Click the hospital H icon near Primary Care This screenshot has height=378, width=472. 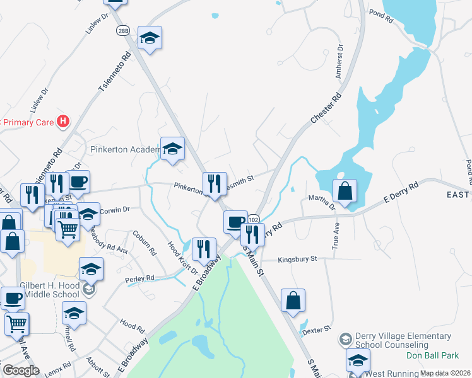(x=63, y=121)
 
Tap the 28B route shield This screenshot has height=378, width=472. (x=122, y=30)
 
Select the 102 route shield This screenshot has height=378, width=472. (x=254, y=219)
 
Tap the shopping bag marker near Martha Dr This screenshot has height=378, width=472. (x=345, y=191)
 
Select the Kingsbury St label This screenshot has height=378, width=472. (x=297, y=258)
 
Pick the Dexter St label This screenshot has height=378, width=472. (x=316, y=329)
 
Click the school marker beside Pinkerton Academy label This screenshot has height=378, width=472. (x=172, y=149)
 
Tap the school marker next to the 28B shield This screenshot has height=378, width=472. (x=150, y=38)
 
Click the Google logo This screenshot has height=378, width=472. (x=21, y=370)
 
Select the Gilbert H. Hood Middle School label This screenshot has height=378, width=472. (x=50, y=290)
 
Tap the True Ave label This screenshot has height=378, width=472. (x=336, y=234)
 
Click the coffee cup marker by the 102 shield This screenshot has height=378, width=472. (x=235, y=222)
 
